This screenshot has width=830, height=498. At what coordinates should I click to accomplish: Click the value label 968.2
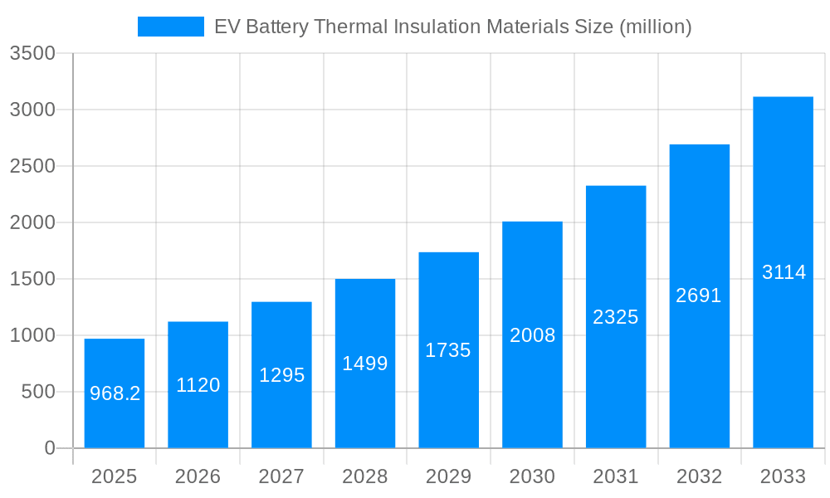coord(115,393)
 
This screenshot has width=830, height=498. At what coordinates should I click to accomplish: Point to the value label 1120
coord(198,385)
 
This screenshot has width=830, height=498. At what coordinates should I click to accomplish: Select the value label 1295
coord(282,375)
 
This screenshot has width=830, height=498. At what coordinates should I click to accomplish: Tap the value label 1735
coord(448,350)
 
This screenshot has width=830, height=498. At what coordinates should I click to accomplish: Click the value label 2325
coord(616,317)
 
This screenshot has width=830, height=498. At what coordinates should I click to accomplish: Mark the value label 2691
coord(699,295)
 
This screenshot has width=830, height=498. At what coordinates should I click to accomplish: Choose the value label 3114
coord(784,272)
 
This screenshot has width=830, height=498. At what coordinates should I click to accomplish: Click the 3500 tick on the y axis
coord(32,54)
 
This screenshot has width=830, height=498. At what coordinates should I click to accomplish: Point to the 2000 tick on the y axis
coord(32,222)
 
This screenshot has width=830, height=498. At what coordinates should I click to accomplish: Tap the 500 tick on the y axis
coord(38,392)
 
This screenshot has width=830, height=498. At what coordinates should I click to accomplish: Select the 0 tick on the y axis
coord(49,448)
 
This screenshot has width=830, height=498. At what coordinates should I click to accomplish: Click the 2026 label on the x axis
coord(198,476)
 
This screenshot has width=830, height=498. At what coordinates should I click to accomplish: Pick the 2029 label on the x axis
coord(448,476)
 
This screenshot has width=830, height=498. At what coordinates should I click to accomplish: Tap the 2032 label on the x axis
coord(699,476)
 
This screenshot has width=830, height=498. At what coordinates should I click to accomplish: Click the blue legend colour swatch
coord(170,27)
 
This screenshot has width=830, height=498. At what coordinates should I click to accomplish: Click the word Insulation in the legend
coord(432,27)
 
